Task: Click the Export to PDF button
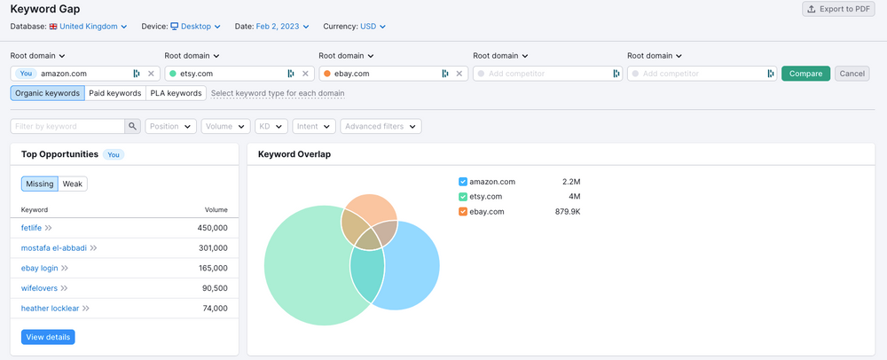[x=838, y=9]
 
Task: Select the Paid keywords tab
[x=115, y=93]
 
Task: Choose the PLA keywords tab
[x=176, y=93]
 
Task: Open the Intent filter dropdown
[x=314, y=127]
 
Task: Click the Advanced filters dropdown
[x=381, y=127]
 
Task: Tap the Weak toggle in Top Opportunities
[x=73, y=184]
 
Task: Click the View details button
[x=48, y=337]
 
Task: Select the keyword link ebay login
[x=40, y=268]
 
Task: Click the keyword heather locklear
[x=50, y=309]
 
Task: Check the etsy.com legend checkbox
[x=463, y=197]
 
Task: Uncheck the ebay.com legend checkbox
[x=463, y=212]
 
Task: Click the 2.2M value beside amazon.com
[x=570, y=182]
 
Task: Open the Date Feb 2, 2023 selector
[x=283, y=27]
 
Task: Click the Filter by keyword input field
[x=67, y=127]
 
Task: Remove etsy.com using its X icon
[x=305, y=74]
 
